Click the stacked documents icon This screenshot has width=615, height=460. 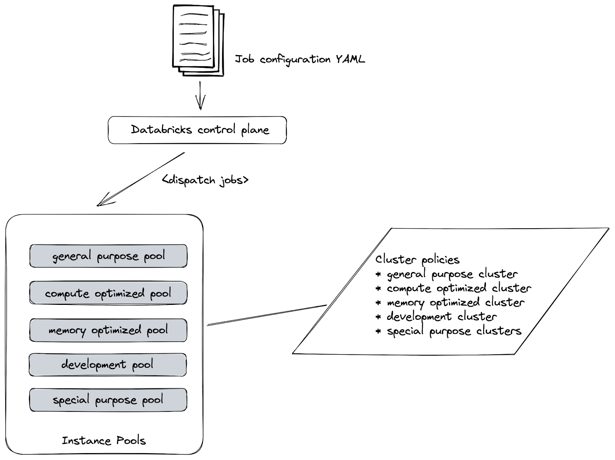198,40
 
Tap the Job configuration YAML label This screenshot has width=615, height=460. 299,60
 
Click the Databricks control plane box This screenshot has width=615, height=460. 197,130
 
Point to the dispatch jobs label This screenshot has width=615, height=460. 205,180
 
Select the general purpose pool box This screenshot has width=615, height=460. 108,256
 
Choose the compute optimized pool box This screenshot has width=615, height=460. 108,293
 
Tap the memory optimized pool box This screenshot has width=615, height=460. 108,330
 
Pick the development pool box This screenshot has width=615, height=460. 108,365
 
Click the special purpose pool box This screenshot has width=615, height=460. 108,400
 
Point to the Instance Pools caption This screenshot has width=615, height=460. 104,440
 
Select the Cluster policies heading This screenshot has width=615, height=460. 417,259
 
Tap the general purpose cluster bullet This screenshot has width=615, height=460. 452,274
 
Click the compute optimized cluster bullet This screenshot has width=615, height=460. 458,288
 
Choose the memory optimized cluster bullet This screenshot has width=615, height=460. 455,303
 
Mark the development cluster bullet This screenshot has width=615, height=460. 441,317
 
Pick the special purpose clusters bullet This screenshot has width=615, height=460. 454,331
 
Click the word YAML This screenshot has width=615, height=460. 350,59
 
